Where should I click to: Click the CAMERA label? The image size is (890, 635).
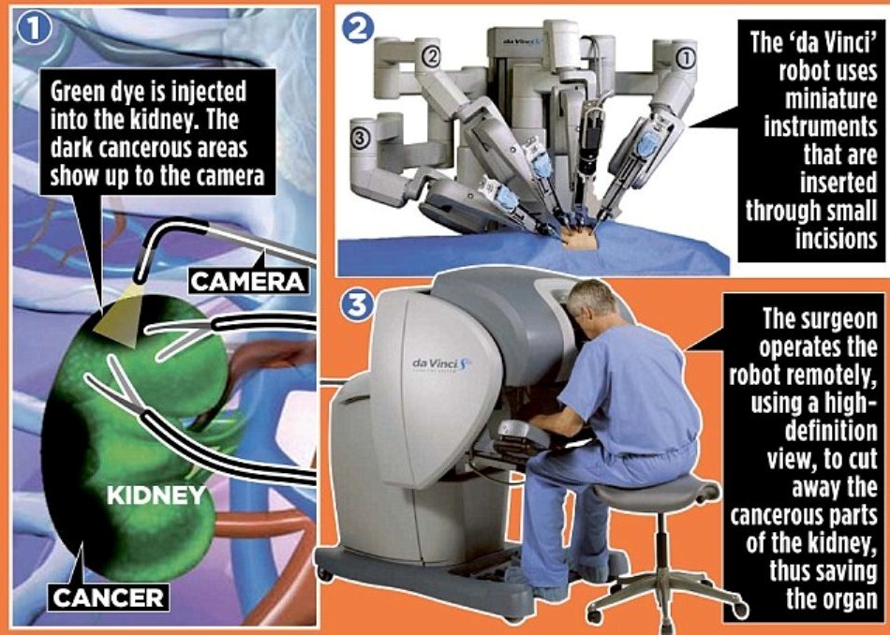(249, 281)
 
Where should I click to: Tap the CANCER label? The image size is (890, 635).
(108, 598)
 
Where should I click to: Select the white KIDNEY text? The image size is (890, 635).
(156, 495)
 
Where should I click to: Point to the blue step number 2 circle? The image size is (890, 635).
(358, 28)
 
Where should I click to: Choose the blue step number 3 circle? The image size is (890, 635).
(357, 306)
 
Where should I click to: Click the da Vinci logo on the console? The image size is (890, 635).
(441, 363)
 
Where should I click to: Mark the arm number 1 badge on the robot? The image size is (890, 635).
(686, 57)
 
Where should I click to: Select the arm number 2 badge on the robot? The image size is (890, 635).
(431, 56)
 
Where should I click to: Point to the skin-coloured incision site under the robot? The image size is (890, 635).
(580, 241)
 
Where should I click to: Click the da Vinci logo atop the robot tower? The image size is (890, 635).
(523, 40)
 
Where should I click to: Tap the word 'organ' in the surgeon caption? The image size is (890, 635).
(848, 599)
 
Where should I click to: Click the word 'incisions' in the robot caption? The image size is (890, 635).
(836, 238)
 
